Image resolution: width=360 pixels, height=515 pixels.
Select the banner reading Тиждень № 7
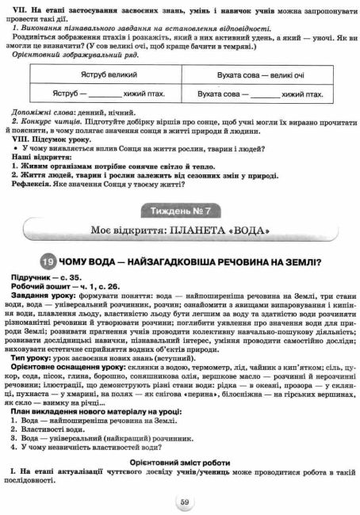(180, 210)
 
